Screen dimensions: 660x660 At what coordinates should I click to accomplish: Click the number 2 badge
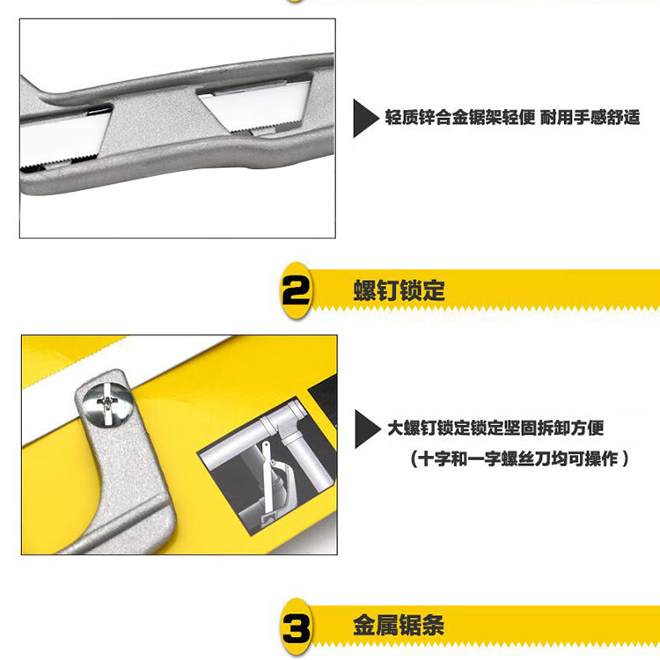pos(296,290)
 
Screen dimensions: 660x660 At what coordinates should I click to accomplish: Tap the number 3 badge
pos(296,627)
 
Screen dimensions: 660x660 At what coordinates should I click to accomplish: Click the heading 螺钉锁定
pos(399,290)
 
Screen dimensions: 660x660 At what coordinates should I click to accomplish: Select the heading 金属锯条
pos(398,625)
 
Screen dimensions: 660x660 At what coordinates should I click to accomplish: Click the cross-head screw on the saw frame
pos(107,403)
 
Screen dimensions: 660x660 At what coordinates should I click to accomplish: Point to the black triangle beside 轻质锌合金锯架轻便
pos(365,118)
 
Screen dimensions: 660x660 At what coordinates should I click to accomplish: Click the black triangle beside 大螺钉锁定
pos(367,429)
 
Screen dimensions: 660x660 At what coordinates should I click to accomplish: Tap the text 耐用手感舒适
pos(590,117)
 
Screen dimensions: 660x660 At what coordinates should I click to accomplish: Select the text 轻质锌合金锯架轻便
pos(460,117)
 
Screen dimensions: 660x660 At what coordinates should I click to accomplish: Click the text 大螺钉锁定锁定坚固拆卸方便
pos(495,428)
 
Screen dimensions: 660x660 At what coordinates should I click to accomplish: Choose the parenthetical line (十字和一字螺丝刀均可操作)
pos(519,458)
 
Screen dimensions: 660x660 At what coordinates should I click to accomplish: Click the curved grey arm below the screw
pos(130,484)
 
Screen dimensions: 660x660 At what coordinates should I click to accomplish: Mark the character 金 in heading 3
pos(364,625)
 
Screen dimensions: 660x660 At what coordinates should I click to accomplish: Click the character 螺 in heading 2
pos(364,290)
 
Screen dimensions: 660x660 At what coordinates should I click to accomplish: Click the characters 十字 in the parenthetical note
pos(434,458)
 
